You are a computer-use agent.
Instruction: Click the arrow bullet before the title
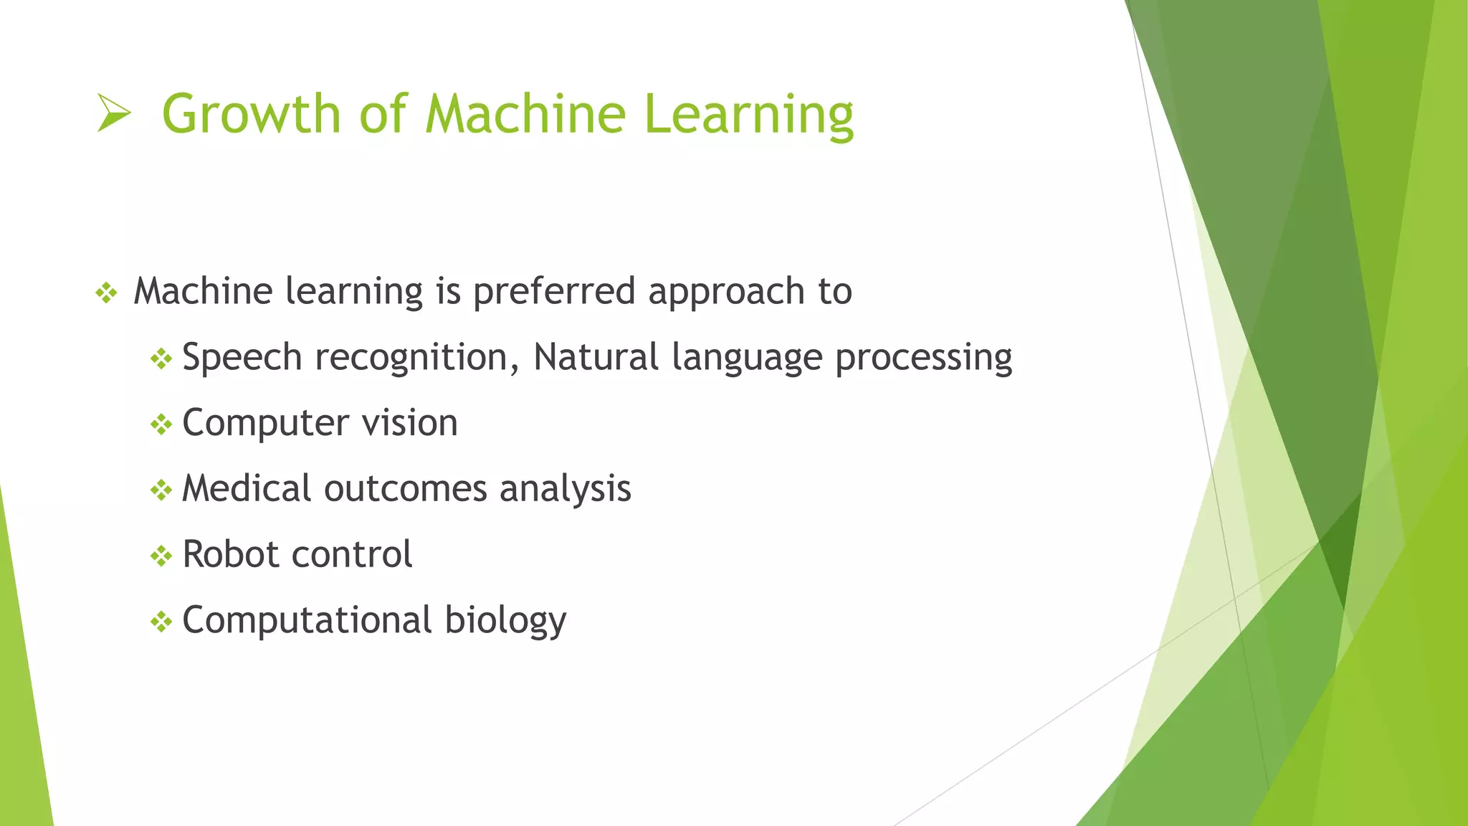click(x=113, y=113)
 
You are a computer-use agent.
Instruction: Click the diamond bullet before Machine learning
click(x=106, y=293)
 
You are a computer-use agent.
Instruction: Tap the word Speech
click(x=242, y=358)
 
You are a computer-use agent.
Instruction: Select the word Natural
click(x=596, y=356)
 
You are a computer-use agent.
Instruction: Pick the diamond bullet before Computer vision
click(x=161, y=424)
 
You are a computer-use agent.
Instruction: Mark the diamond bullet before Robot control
click(x=161, y=556)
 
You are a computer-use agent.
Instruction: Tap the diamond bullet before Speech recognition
click(x=161, y=359)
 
